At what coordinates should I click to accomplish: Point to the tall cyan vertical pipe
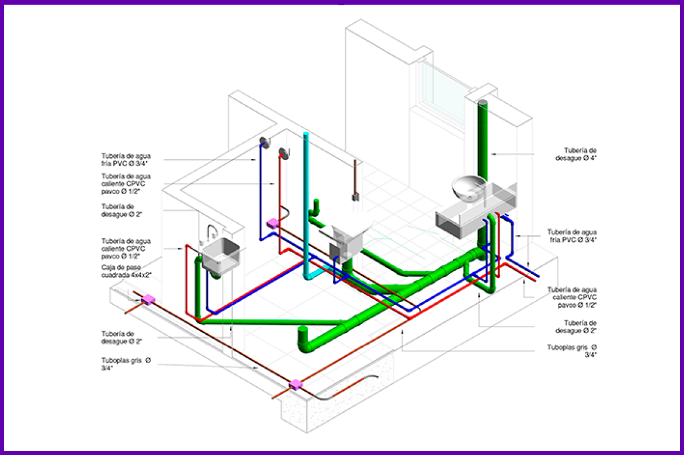click(306, 204)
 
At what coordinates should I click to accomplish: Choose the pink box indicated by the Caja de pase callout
click(149, 300)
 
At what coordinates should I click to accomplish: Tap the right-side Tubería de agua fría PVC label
click(571, 235)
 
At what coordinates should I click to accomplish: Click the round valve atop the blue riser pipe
click(263, 142)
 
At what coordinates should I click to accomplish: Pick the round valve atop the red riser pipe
click(284, 153)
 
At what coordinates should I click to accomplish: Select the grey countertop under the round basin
click(467, 217)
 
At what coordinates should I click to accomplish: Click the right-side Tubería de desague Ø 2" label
click(580, 327)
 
